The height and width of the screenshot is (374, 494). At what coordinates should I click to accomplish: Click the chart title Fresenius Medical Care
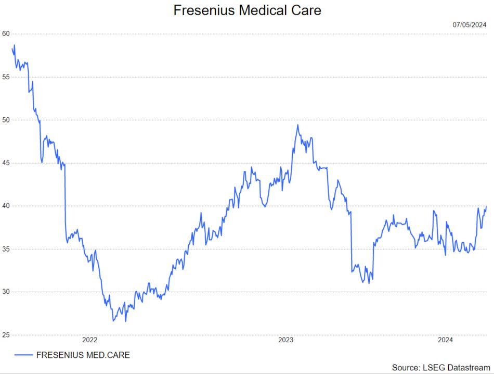click(247, 10)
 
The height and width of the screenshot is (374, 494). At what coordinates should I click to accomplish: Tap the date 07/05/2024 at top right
click(470, 24)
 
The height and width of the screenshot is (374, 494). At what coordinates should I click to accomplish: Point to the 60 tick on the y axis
click(6, 33)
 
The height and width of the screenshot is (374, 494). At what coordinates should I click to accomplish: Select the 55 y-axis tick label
click(6, 77)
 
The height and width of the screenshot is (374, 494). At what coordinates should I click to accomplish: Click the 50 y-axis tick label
click(6, 120)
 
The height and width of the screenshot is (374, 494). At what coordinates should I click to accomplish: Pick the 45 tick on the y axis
click(6, 163)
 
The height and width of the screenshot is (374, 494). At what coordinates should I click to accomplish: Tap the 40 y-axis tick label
click(6, 206)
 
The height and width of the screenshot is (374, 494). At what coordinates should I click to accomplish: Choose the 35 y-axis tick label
click(6, 249)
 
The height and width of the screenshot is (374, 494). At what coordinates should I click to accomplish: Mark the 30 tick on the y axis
click(6, 292)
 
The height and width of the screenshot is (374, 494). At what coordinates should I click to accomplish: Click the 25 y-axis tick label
click(6, 335)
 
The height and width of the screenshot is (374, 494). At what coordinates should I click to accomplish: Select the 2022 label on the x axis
click(90, 340)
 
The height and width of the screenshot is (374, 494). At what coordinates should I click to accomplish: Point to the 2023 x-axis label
click(285, 340)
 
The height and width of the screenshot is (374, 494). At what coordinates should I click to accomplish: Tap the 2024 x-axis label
click(445, 340)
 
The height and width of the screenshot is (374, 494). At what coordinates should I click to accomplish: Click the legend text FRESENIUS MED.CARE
click(83, 355)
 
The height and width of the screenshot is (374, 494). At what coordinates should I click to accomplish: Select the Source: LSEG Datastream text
click(440, 368)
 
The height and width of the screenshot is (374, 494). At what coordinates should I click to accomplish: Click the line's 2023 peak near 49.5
click(297, 124)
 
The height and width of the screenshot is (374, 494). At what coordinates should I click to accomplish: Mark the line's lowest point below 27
click(125, 321)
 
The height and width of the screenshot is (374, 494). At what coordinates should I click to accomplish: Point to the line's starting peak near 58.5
click(15, 45)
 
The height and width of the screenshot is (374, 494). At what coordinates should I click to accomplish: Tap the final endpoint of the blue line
click(486, 206)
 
